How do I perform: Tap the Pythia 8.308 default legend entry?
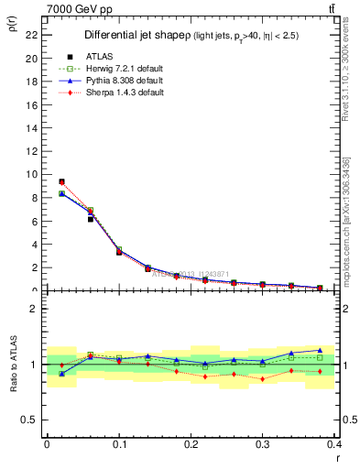tap(124, 81)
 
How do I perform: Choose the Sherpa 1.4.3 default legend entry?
tap(124, 93)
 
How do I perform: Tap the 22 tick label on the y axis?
tap(31, 35)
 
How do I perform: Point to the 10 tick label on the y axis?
tap(31, 174)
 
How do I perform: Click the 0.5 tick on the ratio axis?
tap(29, 420)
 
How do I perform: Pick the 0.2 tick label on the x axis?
tap(191, 444)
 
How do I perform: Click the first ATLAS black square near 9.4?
tap(61, 181)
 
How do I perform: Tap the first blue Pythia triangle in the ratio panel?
tap(61, 374)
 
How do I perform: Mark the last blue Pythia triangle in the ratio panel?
tap(320, 350)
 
